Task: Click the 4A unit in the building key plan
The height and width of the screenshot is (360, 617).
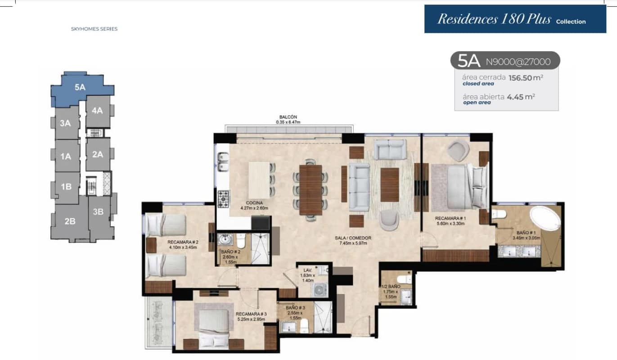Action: pyautogui.click(x=98, y=111)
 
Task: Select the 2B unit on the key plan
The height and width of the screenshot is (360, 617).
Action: pyautogui.click(x=70, y=221)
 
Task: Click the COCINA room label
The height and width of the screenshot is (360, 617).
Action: pyautogui.click(x=254, y=203)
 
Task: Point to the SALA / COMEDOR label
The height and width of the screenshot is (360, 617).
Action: pyautogui.click(x=353, y=238)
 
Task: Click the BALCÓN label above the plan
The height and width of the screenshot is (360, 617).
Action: pyautogui.click(x=288, y=117)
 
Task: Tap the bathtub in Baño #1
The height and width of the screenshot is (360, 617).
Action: pyautogui.click(x=545, y=219)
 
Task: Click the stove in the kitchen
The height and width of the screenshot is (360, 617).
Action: pyautogui.click(x=223, y=199)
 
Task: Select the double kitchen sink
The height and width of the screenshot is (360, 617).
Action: pyautogui.click(x=223, y=162)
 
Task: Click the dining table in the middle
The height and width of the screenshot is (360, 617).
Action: pyautogui.click(x=311, y=190)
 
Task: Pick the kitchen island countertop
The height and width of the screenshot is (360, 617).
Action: pyautogui.click(x=259, y=180)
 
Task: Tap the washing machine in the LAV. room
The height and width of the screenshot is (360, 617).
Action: pyautogui.click(x=320, y=290)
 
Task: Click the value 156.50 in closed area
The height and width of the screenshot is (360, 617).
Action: pyautogui.click(x=520, y=78)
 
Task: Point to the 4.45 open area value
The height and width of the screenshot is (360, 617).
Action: pyautogui.click(x=515, y=97)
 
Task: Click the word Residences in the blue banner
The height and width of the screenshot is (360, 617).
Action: pyautogui.click(x=468, y=19)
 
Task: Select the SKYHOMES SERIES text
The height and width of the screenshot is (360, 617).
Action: pyautogui.click(x=94, y=29)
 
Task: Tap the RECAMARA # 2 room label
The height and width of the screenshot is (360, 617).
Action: pyautogui.click(x=183, y=242)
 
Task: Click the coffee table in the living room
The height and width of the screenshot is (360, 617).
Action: pyautogui.click(x=389, y=185)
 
